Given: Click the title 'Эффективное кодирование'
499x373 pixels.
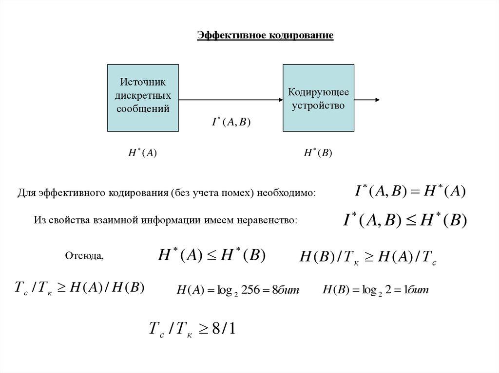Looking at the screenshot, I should (x=265, y=36).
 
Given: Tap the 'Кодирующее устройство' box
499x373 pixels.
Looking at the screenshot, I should (x=318, y=97).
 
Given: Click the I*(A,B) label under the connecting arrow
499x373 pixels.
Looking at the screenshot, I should (x=230, y=123).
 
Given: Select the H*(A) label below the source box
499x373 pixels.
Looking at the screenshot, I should (x=142, y=153).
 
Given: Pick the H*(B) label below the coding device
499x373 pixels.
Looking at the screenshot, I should (x=318, y=153).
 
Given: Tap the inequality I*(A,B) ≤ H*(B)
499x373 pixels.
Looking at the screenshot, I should (x=405, y=220).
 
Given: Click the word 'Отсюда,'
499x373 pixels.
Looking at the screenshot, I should (x=84, y=256).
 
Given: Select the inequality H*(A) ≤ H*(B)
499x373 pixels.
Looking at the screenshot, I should (x=211, y=255).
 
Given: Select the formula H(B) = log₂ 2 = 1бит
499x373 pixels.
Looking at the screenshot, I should (x=375, y=290).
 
